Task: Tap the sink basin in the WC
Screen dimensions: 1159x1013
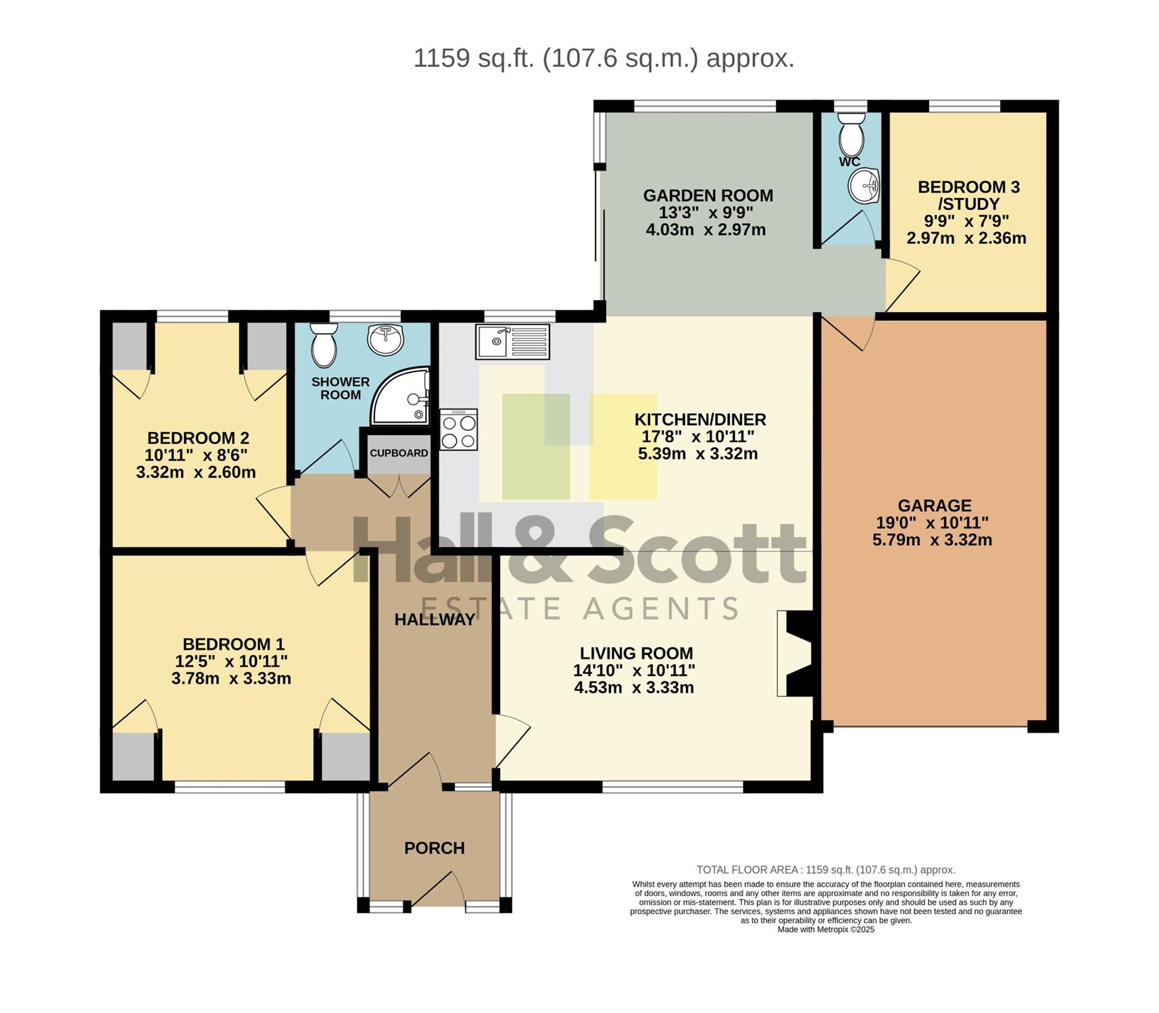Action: pyautogui.click(x=864, y=185)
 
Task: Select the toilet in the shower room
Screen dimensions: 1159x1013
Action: pyautogui.click(x=324, y=345)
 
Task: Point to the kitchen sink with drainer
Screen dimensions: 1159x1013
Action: pyautogui.click(x=513, y=342)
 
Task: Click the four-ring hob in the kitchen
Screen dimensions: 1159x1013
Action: pyautogui.click(x=459, y=430)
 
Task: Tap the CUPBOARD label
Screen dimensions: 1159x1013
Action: pyautogui.click(x=399, y=453)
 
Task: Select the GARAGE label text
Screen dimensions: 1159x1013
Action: pyautogui.click(x=935, y=505)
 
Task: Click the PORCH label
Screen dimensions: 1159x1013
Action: pyautogui.click(x=435, y=848)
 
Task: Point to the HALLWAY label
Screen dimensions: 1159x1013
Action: pyautogui.click(x=435, y=620)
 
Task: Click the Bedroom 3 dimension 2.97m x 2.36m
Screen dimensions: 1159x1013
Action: pyautogui.click(x=966, y=238)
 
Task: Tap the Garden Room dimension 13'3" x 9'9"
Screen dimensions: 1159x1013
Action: pyautogui.click(x=706, y=213)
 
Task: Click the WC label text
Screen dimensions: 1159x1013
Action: pyautogui.click(x=849, y=162)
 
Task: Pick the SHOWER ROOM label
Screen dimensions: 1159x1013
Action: pyautogui.click(x=341, y=388)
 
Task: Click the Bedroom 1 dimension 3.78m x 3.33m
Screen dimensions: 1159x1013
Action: pyautogui.click(x=231, y=679)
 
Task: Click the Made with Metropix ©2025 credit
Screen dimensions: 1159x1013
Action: pyautogui.click(x=826, y=930)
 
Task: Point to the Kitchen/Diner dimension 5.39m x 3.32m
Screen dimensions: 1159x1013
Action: pyautogui.click(x=698, y=454)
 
